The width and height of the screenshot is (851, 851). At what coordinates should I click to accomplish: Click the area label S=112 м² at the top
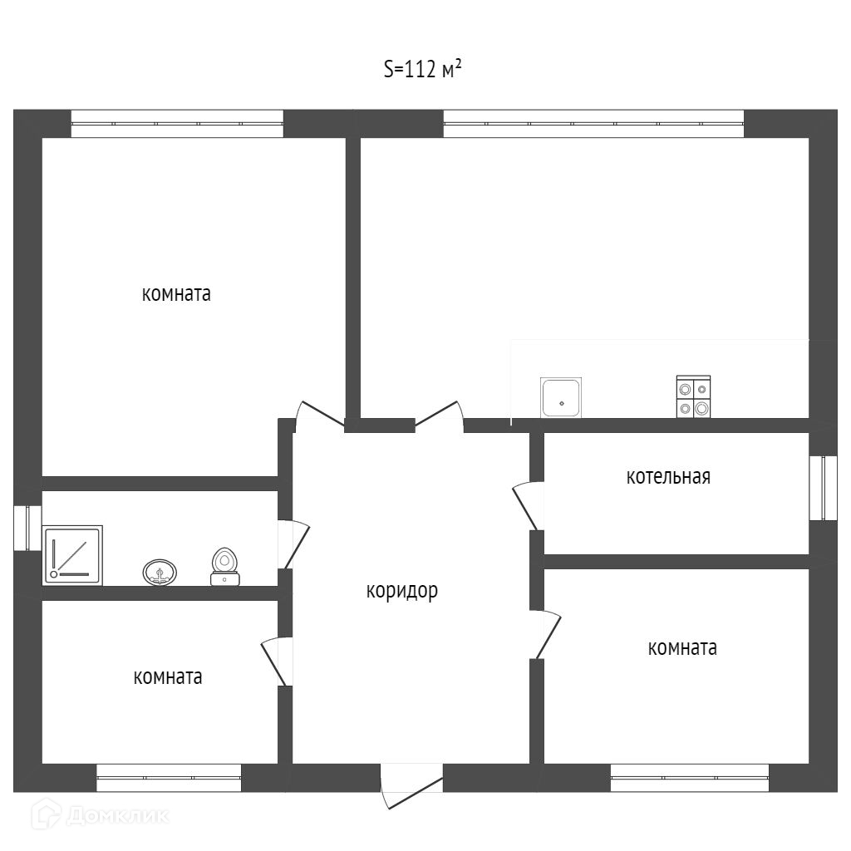(x=423, y=69)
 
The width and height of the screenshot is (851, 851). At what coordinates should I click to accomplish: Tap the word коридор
(x=401, y=591)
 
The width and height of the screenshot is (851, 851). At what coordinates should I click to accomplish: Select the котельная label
(x=668, y=476)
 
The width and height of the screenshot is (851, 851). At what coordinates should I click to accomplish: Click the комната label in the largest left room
(x=176, y=293)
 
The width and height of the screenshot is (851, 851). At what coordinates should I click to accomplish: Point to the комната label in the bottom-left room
(x=168, y=676)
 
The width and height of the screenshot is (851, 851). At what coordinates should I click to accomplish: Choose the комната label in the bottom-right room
(x=682, y=647)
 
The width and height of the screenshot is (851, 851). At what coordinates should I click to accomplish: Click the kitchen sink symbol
(x=561, y=398)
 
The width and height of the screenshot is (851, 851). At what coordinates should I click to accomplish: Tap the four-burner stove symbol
(x=693, y=396)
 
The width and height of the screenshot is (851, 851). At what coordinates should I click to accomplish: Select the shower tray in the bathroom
(x=72, y=554)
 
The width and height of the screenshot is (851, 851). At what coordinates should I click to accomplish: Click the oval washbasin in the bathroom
(x=160, y=572)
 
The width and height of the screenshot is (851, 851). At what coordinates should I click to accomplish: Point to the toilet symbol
(x=224, y=567)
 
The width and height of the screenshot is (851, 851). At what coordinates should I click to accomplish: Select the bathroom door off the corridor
(x=293, y=545)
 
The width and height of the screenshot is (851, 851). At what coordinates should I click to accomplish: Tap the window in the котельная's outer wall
(x=824, y=488)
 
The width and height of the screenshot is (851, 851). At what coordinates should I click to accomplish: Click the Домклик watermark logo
(x=100, y=814)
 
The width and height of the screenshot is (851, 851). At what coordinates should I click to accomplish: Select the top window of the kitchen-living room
(x=593, y=124)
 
